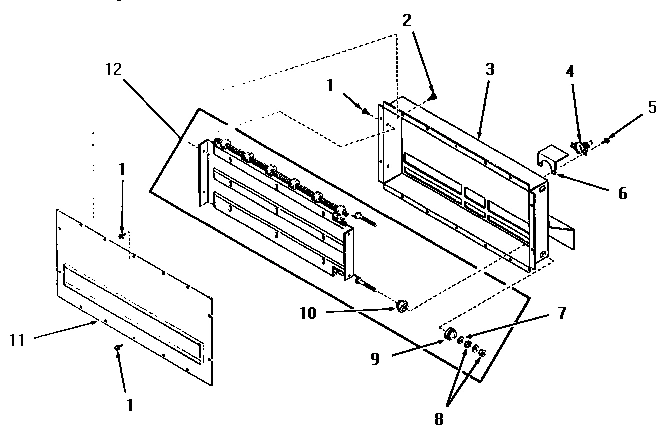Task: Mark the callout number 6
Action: pos(622,192)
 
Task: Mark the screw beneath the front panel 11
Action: pos(118,348)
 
